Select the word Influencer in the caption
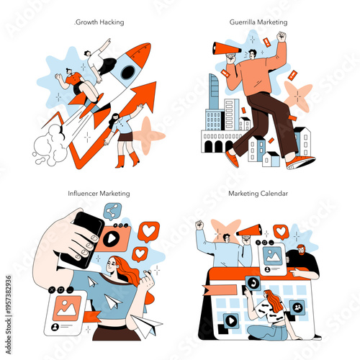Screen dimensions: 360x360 tap(82, 194)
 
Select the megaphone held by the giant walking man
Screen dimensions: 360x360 tap(225, 49)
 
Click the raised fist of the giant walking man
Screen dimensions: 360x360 tap(282, 36)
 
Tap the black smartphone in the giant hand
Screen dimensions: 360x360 tap(83, 238)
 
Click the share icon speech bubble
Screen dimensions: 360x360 tap(112, 211)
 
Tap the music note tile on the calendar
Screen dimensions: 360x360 tap(252, 284)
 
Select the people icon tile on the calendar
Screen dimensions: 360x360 tap(297, 307)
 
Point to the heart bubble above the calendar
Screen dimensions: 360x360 tap(280, 231)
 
